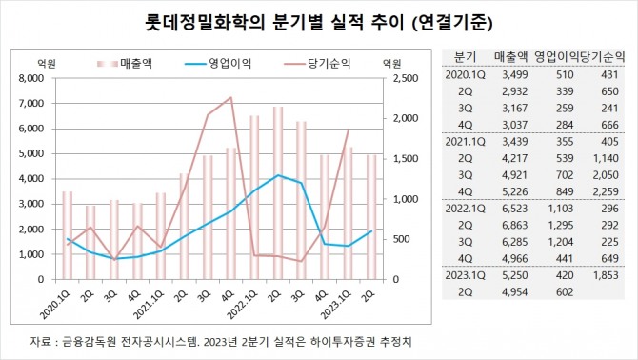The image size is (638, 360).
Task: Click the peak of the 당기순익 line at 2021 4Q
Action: tap(230, 97)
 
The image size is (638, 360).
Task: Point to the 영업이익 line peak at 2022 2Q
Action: tap(277, 175)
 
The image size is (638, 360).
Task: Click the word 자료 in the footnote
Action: tap(44, 341)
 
